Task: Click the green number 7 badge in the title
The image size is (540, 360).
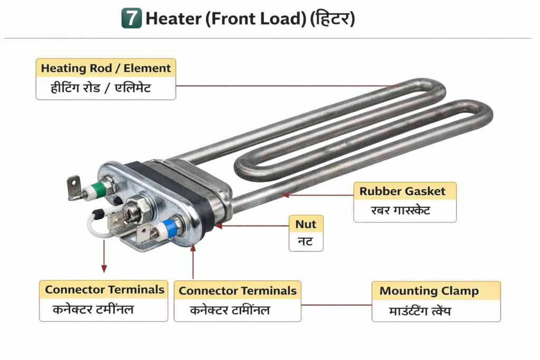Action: [x=131, y=18]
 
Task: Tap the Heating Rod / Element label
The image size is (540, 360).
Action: [x=105, y=68]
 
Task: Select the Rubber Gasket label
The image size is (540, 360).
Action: [x=402, y=191]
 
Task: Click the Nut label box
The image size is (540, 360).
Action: [x=306, y=224]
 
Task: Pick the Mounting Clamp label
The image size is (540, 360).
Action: [x=429, y=291]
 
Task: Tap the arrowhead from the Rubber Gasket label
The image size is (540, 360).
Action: [x=285, y=195]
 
